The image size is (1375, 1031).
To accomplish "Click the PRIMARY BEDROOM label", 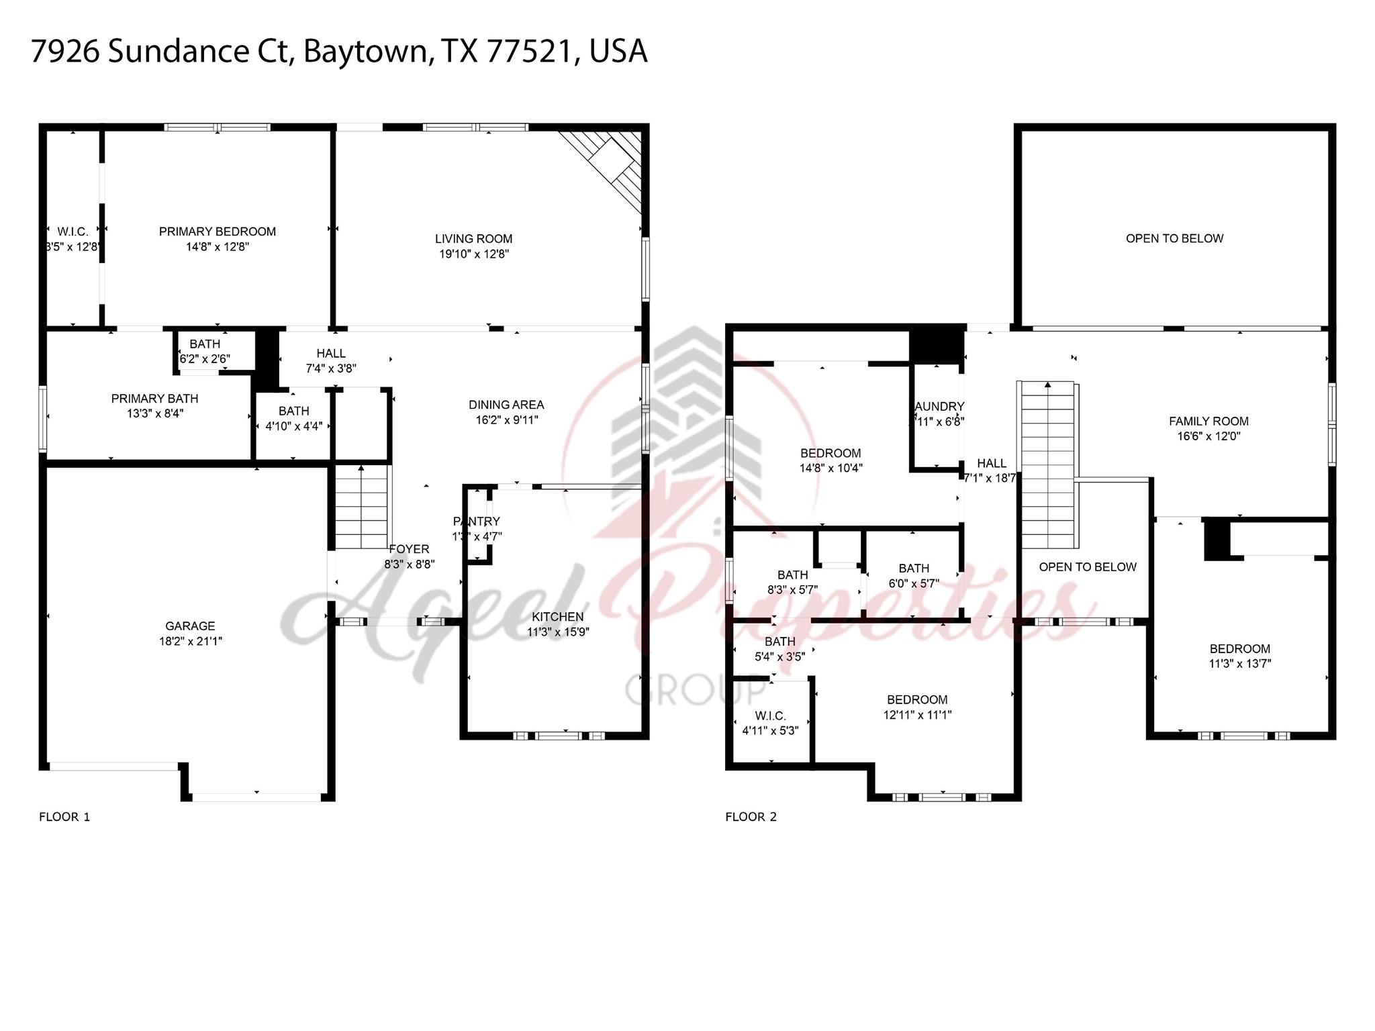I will point(217,232).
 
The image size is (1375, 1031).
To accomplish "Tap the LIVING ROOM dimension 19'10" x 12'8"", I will point(473,254).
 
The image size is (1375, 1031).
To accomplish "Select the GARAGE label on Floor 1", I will point(190,626).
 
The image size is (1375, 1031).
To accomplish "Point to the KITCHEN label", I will point(557,617).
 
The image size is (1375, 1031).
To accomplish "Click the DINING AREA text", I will point(506,405).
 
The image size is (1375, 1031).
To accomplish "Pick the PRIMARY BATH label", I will point(154,399).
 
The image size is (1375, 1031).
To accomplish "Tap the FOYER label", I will point(409,549).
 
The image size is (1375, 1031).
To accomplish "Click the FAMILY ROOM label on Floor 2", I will point(1208,422).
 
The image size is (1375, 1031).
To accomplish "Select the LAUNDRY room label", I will point(939,407).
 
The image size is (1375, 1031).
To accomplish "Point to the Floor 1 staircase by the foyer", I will point(362,507).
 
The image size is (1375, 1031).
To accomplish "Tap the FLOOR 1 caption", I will point(64,817).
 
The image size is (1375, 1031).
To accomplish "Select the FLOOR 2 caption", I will point(751,817).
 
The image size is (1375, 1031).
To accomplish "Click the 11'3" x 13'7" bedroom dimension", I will point(1239,664).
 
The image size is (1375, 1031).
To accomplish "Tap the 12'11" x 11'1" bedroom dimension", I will point(917,715).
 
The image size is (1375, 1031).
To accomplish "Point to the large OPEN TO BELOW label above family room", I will point(1174,238).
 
